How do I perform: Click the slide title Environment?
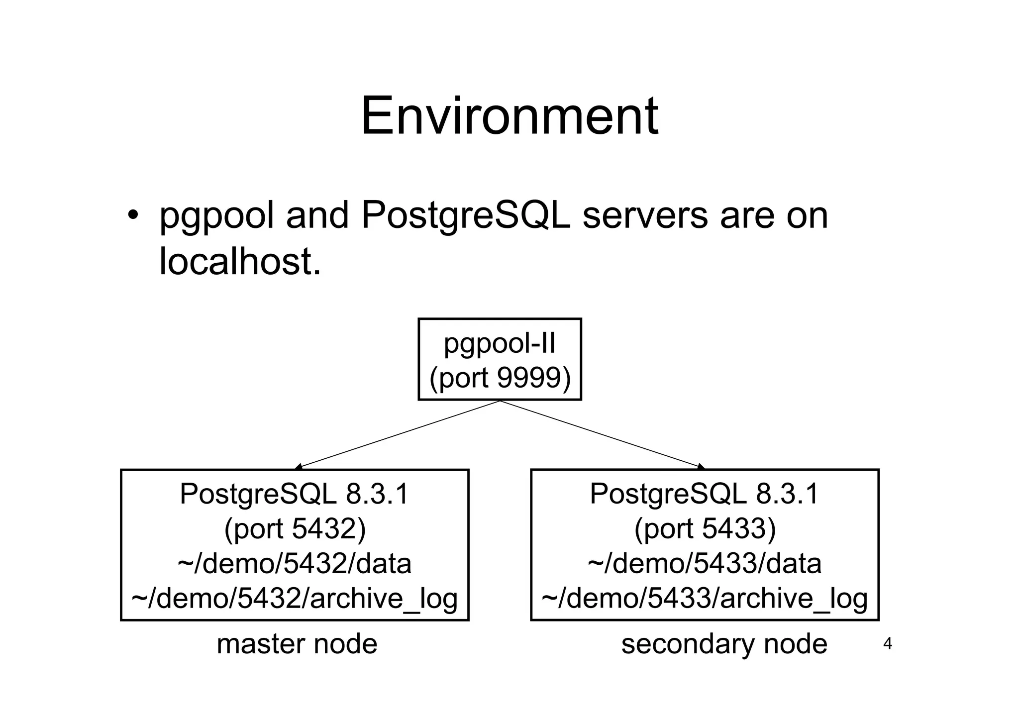(509, 117)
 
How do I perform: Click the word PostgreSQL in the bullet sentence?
(465, 216)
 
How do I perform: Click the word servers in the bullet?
(645, 216)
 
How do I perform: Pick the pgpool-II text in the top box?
(500, 343)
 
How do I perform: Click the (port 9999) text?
(500, 378)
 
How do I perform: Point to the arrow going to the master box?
(398, 434)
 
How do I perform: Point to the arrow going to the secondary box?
(602, 434)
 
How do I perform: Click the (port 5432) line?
(295, 528)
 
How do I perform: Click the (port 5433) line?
(705, 528)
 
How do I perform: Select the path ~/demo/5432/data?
(295, 564)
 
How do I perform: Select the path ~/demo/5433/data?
(705, 564)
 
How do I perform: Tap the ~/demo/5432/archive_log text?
(295, 598)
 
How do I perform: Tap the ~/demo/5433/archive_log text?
(705, 598)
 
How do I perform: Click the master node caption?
(297, 644)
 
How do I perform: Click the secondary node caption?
(724, 644)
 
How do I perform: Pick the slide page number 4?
(887, 644)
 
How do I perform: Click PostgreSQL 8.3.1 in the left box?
(295, 494)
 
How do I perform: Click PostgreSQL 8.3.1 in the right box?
(705, 494)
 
